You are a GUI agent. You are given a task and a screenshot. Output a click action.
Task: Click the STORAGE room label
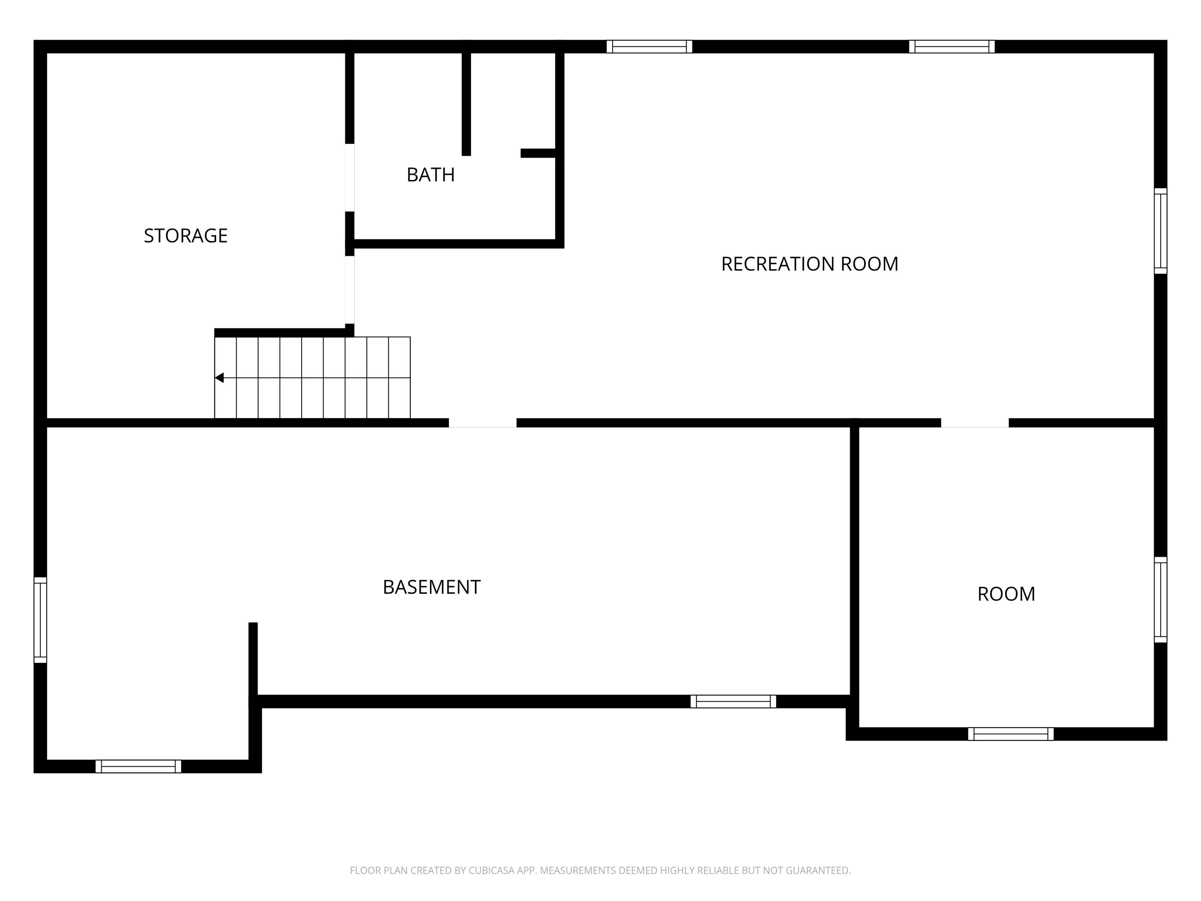(x=186, y=236)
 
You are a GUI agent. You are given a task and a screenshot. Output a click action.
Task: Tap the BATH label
(x=430, y=175)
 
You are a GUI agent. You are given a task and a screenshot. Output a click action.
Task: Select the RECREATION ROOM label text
(x=809, y=264)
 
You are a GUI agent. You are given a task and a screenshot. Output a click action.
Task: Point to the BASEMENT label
(x=432, y=587)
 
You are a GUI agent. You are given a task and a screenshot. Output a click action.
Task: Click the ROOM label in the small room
(x=1006, y=594)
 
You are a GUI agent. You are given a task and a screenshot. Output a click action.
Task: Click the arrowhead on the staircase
(x=219, y=378)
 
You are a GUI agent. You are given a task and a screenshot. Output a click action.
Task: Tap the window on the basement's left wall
(x=40, y=619)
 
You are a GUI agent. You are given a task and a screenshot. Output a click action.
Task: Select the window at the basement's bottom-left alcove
(x=139, y=766)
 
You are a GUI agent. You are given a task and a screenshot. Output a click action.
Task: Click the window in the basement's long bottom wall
(x=733, y=702)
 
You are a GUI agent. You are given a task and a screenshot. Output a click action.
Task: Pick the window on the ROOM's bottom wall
(x=1010, y=734)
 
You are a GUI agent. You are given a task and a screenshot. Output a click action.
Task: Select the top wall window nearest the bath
(x=649, y=47)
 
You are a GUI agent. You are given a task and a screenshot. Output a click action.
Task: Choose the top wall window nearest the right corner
(x=952, y=47)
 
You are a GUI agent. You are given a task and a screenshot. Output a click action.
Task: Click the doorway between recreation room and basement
(x=482, y=423)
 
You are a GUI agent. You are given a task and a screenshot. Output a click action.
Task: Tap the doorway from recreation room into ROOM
(x=974, y=423)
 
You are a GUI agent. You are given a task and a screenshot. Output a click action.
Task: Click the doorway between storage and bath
(x=349, y=177)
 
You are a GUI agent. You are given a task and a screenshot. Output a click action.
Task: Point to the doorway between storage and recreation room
(x=349, y=290)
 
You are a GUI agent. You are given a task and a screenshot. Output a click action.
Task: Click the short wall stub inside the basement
(x=253, y=659)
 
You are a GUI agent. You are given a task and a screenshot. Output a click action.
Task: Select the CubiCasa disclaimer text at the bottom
(x=600, y=871)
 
